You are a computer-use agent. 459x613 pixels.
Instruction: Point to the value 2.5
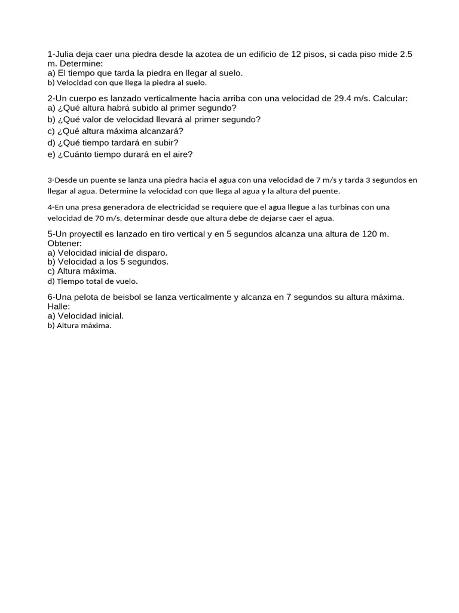406,54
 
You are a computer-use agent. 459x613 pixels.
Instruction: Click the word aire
179,154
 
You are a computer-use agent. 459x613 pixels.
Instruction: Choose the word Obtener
65,244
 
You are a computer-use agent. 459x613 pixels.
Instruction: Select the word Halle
59,306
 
